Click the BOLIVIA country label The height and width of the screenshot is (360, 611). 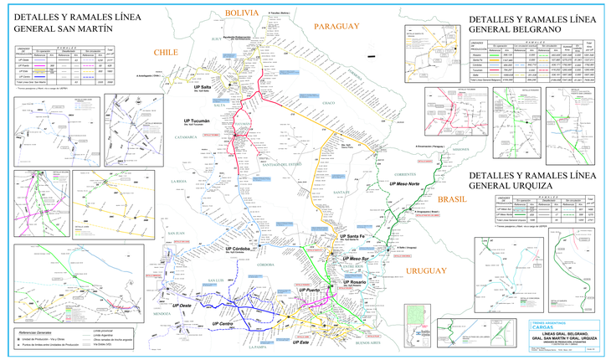240,13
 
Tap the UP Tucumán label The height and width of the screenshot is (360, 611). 197,121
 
